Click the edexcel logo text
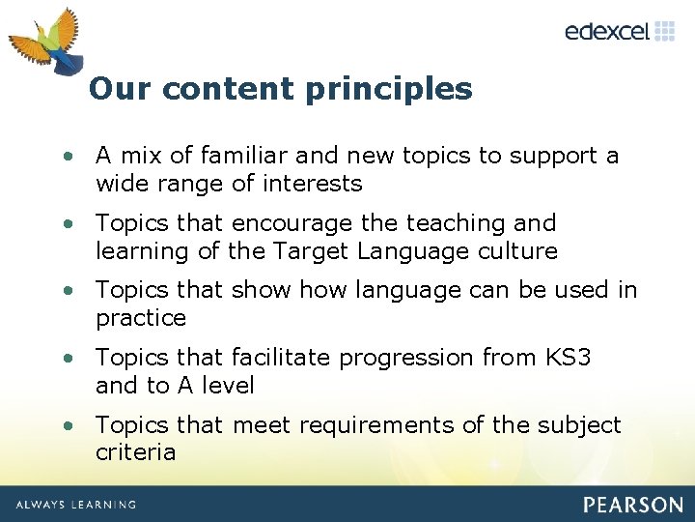(607, 32)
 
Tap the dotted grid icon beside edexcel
(665, 31)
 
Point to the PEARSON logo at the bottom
(632, 505)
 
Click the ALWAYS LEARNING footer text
(75, 505)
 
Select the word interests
(316, 184)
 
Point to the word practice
(141, 318)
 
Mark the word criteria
(135, 451)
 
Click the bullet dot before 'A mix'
(69, 157)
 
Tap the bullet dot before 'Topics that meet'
(69, 425)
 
